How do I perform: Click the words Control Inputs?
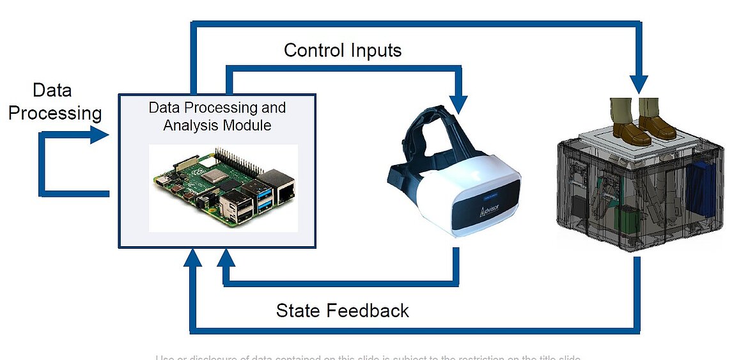point(343,51)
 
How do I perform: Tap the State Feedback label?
point(342,311)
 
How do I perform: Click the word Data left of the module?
point(52,90)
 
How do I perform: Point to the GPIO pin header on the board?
point(237,160)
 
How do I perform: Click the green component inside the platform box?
point(626,221)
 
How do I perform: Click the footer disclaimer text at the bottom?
point(368,357)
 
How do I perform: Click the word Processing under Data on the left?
point(55,113)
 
